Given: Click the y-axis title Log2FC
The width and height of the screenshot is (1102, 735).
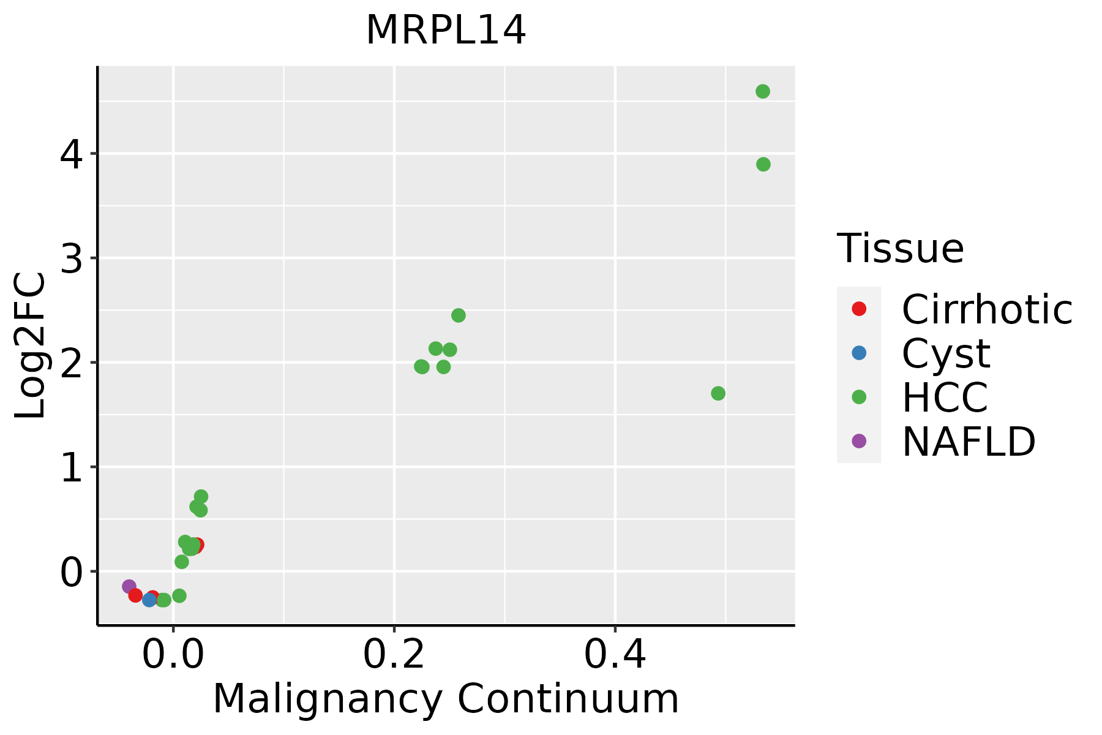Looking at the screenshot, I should tap(31, 345).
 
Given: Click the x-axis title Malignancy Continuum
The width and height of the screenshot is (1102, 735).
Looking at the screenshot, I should tap(446, 699).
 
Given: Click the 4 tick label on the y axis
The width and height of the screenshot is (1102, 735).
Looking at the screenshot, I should tap(71, 154).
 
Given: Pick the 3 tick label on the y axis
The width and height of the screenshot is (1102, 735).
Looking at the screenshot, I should tap(71, 258).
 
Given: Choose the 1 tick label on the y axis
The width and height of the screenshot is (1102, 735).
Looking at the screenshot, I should tap(71, 467).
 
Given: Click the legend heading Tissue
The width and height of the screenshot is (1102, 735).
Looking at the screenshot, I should tap(900, 249).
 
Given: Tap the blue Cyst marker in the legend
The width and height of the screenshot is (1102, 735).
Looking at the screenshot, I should tap(859, 353).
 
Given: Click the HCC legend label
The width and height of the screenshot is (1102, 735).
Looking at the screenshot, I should tap(945, 397).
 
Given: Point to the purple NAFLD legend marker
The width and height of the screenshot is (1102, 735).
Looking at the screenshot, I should tap(859, 440).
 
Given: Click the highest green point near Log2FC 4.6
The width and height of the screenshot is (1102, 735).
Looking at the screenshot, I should tap(763, 92).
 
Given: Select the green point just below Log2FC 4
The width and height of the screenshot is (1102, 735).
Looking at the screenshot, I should tap(763, 164).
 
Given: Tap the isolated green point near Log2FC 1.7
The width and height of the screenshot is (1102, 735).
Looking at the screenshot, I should tap(718, 393).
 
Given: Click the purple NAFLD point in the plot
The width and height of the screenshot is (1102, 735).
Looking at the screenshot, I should tap(129, 586).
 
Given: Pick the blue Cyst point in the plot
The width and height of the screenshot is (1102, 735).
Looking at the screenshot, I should tap(149, 600).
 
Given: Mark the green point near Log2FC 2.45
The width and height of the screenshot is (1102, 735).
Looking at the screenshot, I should tap(459, 315).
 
